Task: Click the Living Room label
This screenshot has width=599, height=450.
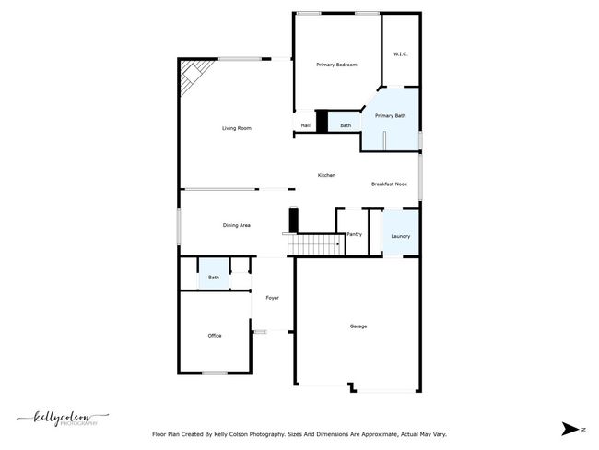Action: (237, 128)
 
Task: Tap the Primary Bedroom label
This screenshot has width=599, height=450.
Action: (336, 65)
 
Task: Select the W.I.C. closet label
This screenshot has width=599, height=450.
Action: (400, 54)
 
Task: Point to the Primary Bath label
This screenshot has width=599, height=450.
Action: (390, 116)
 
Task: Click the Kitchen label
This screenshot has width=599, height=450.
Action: (326, 175)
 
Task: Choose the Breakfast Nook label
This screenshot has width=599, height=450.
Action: (389, 184)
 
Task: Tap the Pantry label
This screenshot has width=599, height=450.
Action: (354, 234)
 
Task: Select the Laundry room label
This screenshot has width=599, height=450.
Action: (400, 236)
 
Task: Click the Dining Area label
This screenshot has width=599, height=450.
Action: (237, 225)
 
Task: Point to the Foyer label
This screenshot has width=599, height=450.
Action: (273, 298)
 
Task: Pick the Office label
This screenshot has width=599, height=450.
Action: (215, 336)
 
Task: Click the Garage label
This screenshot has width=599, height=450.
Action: (358, 326)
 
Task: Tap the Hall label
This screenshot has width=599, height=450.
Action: (306, 125)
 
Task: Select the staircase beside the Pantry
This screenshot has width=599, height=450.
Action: (316, 244)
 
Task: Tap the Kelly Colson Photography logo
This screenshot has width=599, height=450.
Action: (63, 419)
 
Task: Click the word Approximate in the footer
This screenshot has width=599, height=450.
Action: (378, 434)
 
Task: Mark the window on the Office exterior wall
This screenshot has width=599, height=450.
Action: (215, 373)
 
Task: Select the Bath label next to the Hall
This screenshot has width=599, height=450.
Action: (346, 125)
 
